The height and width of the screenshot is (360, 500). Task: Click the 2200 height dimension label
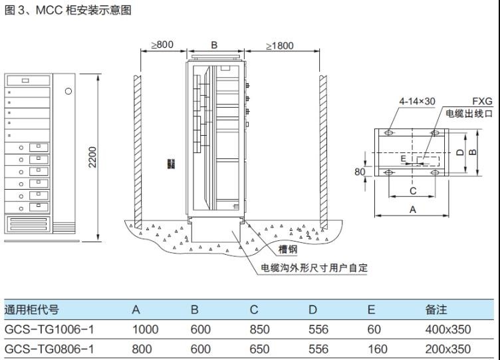[92, 157]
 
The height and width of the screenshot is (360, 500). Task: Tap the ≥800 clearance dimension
[162, 45]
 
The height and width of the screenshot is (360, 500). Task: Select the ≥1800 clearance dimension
[280, 46]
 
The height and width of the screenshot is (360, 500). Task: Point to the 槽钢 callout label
[288, 249]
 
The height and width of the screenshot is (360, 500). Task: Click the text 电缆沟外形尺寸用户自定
[314, 268]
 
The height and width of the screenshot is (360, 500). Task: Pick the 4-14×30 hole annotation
[417, 102]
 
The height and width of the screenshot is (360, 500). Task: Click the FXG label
[482, 102]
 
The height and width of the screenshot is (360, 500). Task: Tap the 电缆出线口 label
[469, 113]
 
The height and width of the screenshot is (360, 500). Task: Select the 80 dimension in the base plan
[360, 172]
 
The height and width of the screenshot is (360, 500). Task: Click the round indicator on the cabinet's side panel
[68, 91]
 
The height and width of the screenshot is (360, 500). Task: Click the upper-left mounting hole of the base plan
[389, 132]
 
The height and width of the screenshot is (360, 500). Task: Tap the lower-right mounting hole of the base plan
[435, 172]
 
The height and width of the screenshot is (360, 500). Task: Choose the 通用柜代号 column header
[31, 309]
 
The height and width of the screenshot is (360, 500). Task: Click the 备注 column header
[436, 309]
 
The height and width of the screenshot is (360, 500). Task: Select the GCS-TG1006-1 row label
[49, 329]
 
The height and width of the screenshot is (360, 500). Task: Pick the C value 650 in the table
[259, 349]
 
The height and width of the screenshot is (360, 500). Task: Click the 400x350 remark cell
[448, 329]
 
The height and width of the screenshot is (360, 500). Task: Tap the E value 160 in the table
[378, 349]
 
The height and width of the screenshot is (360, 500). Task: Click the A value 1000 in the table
[146, 329]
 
